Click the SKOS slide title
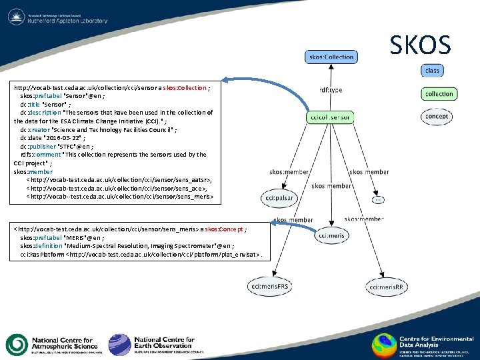click(x=420, y=45)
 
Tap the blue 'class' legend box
click(x=432, y=70)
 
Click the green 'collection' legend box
click(x=439, y=94)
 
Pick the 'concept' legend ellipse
click(x=437, y=116)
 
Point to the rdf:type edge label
click(x=331, y=90)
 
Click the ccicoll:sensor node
click(x=331, y=117)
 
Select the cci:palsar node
click(x=279, y=198)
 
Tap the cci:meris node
click(x=331, y=236)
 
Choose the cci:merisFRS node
click(x=269, y=287)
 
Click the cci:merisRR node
click(x=391, y=287)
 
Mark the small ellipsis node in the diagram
click(x=379, y=199)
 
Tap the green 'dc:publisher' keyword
click(x=38, y=146)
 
